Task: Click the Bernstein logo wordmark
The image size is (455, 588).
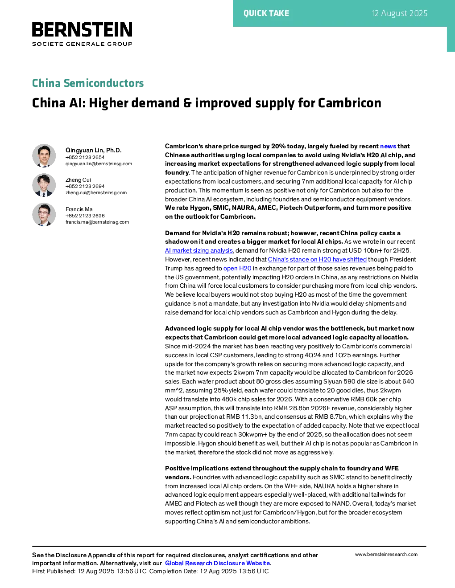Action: coord(82,29)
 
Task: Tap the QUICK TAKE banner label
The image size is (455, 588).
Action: coord(266,13)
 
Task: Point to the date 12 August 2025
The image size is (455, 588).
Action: coord(399,13)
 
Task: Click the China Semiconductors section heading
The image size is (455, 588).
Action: coord(88,83)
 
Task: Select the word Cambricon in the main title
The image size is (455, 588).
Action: coord(349,103)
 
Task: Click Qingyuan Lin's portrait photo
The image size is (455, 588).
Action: coord(44,155)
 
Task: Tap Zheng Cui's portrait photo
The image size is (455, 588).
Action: coord(44,185)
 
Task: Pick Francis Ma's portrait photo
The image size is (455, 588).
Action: coord(44,215)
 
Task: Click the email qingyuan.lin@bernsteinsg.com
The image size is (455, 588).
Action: coord(99,164)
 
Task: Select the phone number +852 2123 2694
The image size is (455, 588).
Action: coord(85,186)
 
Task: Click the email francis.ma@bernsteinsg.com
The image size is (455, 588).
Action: coord(97,222)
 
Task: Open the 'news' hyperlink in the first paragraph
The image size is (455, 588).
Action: coord(388,147)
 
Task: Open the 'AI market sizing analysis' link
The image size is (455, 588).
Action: coord(199,251)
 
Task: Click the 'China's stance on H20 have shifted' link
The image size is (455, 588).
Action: coord(317,260)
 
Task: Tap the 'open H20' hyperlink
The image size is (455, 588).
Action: coord(237,269)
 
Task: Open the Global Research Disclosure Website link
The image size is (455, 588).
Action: coord(217,563)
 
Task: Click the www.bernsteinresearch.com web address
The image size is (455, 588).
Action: coord(386,555)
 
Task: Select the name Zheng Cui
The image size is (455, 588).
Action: coord(78,180)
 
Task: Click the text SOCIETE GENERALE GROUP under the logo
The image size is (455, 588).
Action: coord(82,44)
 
